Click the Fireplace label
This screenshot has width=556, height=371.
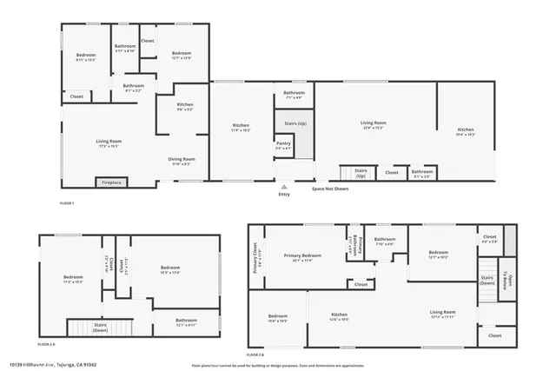(112, 182)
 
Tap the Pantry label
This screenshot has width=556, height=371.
(283, 144)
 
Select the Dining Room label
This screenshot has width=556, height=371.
(182, 161)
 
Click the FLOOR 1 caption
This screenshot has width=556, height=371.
(67, 203)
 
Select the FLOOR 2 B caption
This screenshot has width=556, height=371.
(256, 354)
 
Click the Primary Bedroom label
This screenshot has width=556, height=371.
(306, 256)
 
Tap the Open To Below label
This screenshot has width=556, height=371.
(512, 282)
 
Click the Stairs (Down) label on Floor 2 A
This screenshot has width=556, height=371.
(100, 328)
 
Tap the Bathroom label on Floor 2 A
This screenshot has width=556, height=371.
(186, 321)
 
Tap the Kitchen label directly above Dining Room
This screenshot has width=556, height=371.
(185, 107)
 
